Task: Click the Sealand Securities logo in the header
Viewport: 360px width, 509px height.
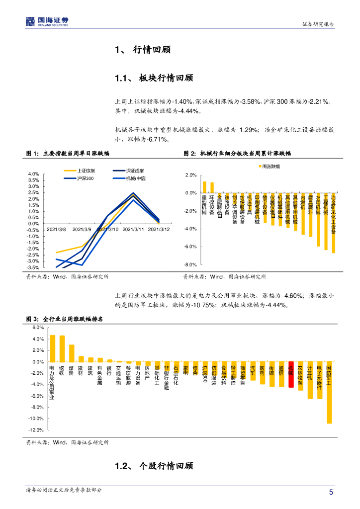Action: (x=47, y=21)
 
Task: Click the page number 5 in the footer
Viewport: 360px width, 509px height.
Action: (x=331, y=492)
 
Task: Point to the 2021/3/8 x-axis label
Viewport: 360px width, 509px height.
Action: (x=57, y=229)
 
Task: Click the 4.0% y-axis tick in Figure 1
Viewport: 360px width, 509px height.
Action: (x=34, y=174)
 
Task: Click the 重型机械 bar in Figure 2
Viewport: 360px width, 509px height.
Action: (x=204, y=187)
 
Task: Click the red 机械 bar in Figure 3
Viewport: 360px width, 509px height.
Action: (x=291, y=374)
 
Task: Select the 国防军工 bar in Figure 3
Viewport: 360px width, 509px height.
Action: (x=329, y=392)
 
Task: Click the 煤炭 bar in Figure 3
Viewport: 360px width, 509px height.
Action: (x=72, y=353)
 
